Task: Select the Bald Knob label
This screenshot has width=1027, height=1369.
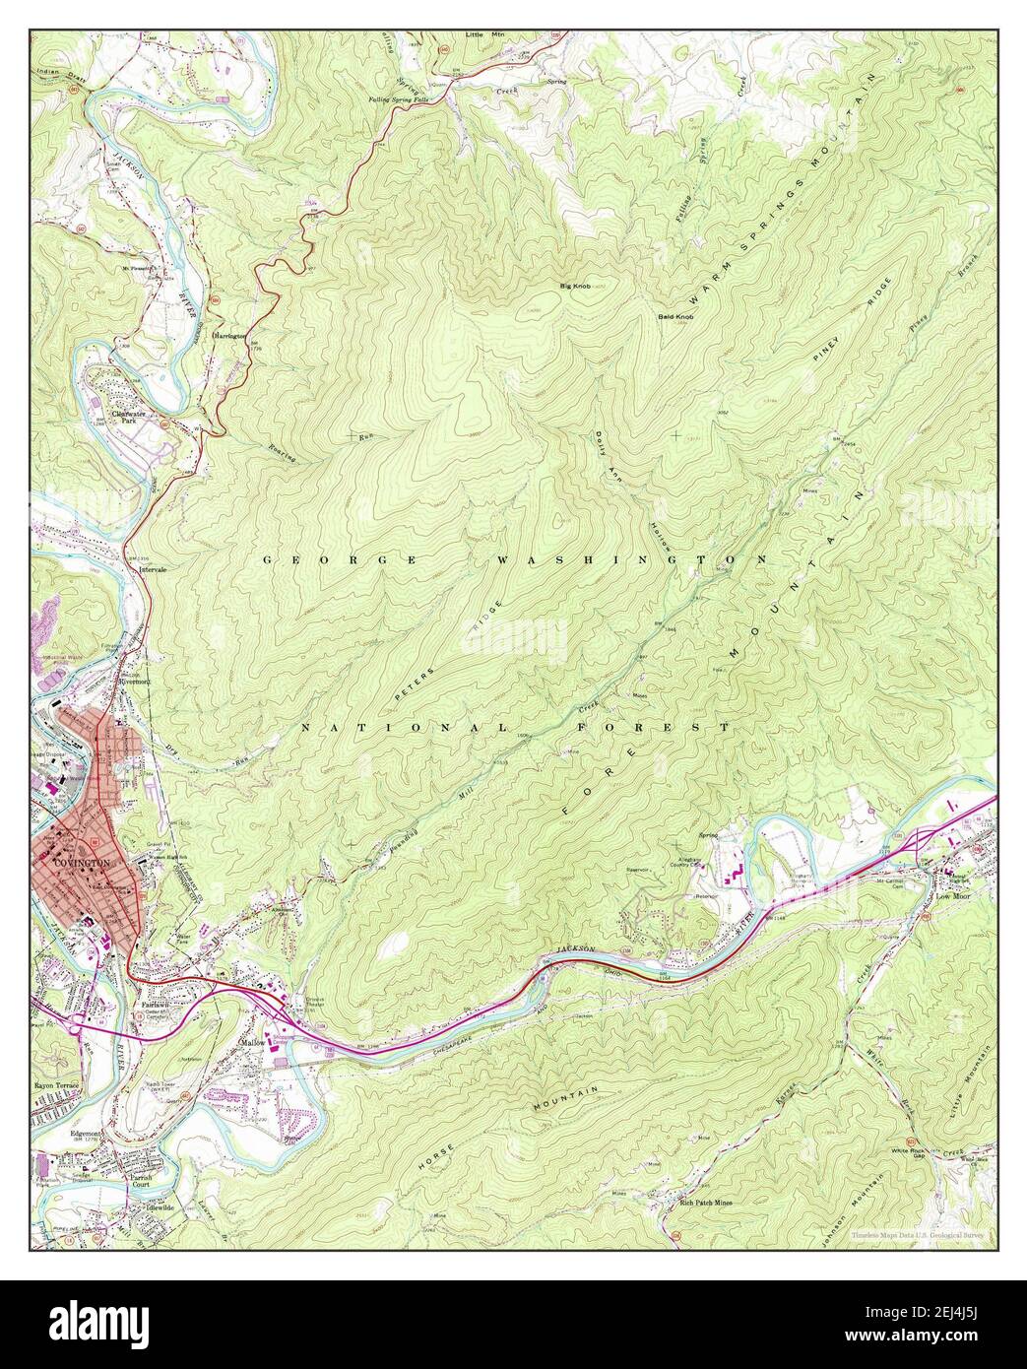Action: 676,317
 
